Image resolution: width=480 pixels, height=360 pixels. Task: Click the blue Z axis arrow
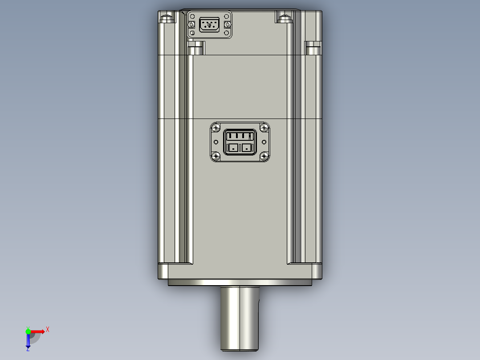tap(28, 341)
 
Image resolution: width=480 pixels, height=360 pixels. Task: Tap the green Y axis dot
tap(28, 331)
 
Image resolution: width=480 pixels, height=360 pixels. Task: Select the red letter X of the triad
tap(47, 329)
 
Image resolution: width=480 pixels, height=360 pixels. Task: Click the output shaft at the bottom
tap(240, 316)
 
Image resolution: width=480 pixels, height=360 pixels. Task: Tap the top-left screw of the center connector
tap(216, 128)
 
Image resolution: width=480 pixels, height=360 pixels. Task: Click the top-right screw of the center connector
tap(264, 128)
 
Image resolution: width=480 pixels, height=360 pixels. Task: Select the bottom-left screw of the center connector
tap(216, 156)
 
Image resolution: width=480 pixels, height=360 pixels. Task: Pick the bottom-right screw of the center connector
tap(264, 156)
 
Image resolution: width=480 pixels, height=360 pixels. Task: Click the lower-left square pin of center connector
tap(233, 147)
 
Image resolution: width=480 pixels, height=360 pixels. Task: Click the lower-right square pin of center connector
tap(246, 147)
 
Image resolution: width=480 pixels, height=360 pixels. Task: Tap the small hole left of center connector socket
tap(216, 142)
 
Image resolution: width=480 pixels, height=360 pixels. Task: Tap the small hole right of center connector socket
tap(264, 142)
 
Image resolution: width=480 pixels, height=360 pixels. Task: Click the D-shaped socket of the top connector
tap(209, 25)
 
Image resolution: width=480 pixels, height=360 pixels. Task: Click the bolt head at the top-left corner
tap(167, 18)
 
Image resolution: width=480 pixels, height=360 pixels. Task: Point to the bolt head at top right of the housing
tap(284, 18)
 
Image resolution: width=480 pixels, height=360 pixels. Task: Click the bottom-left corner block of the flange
tap(163, 271)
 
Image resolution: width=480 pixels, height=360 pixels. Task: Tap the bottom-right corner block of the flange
tap(317, 271)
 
